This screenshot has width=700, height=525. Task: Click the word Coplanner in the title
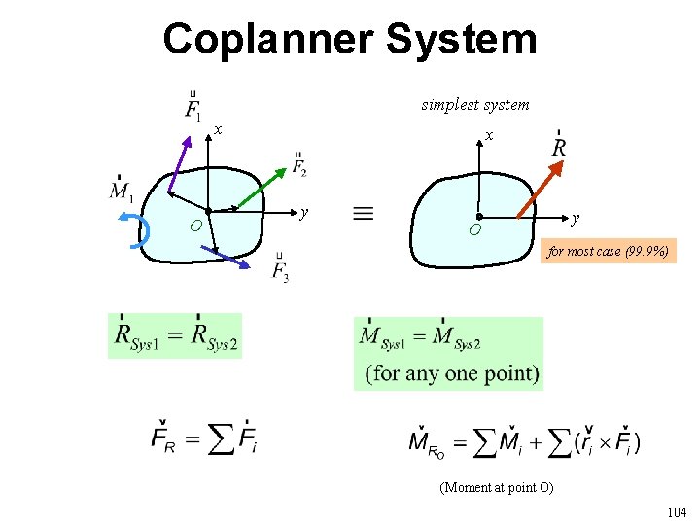(267, 40)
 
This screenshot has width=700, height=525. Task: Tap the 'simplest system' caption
(475, 104)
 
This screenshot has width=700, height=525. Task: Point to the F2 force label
(299, 165)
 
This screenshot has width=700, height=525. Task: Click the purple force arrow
(180, 161)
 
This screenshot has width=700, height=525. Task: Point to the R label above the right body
(559, 146)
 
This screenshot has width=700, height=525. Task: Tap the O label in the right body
(474, 230)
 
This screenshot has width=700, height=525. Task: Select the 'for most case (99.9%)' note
(608, 252)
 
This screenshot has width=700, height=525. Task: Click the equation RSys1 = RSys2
(175, 336)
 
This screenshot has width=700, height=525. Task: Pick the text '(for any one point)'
(452, 373)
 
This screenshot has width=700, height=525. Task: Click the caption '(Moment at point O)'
(497, 487)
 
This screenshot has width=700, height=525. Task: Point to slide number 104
(676, 511)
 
